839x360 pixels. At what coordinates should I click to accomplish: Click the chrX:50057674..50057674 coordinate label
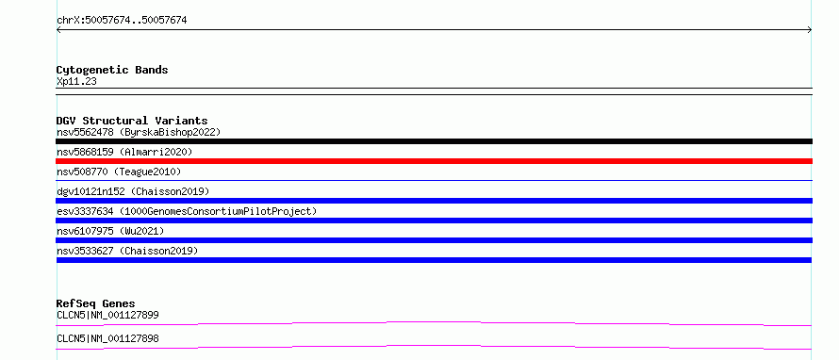click(122, 21)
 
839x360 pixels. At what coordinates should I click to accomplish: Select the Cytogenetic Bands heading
click(112, 70)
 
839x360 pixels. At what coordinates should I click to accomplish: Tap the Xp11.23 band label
click(76, 82)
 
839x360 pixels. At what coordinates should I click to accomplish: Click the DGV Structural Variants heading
click(132, 121)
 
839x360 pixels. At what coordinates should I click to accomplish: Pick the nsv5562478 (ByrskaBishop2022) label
click(139, 132)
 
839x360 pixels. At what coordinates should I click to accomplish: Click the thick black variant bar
click(434, 141)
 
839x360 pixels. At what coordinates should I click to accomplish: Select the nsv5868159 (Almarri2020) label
click(124, 152)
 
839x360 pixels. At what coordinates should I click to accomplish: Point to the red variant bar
click(434, 161)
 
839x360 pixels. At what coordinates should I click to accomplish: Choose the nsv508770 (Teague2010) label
click(119, 172)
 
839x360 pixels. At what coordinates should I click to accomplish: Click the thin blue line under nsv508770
click(434, 181)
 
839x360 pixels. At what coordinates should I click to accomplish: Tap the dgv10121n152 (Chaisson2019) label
click(133, 191)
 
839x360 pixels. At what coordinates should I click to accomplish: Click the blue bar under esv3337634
click(434, 221)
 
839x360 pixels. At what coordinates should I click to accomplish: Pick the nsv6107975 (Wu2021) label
click(110, 231)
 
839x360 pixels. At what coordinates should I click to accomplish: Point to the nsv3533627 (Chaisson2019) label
click(127, 251)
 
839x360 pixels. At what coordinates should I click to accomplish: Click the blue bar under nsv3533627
click(434, 260)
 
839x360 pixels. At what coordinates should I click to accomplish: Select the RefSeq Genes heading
click(96, 303)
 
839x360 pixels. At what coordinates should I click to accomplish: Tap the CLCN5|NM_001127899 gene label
click(107, 315)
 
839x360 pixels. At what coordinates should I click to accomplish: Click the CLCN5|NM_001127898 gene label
click(107, 339)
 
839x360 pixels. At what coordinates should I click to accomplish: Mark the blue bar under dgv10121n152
click(434, 201)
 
